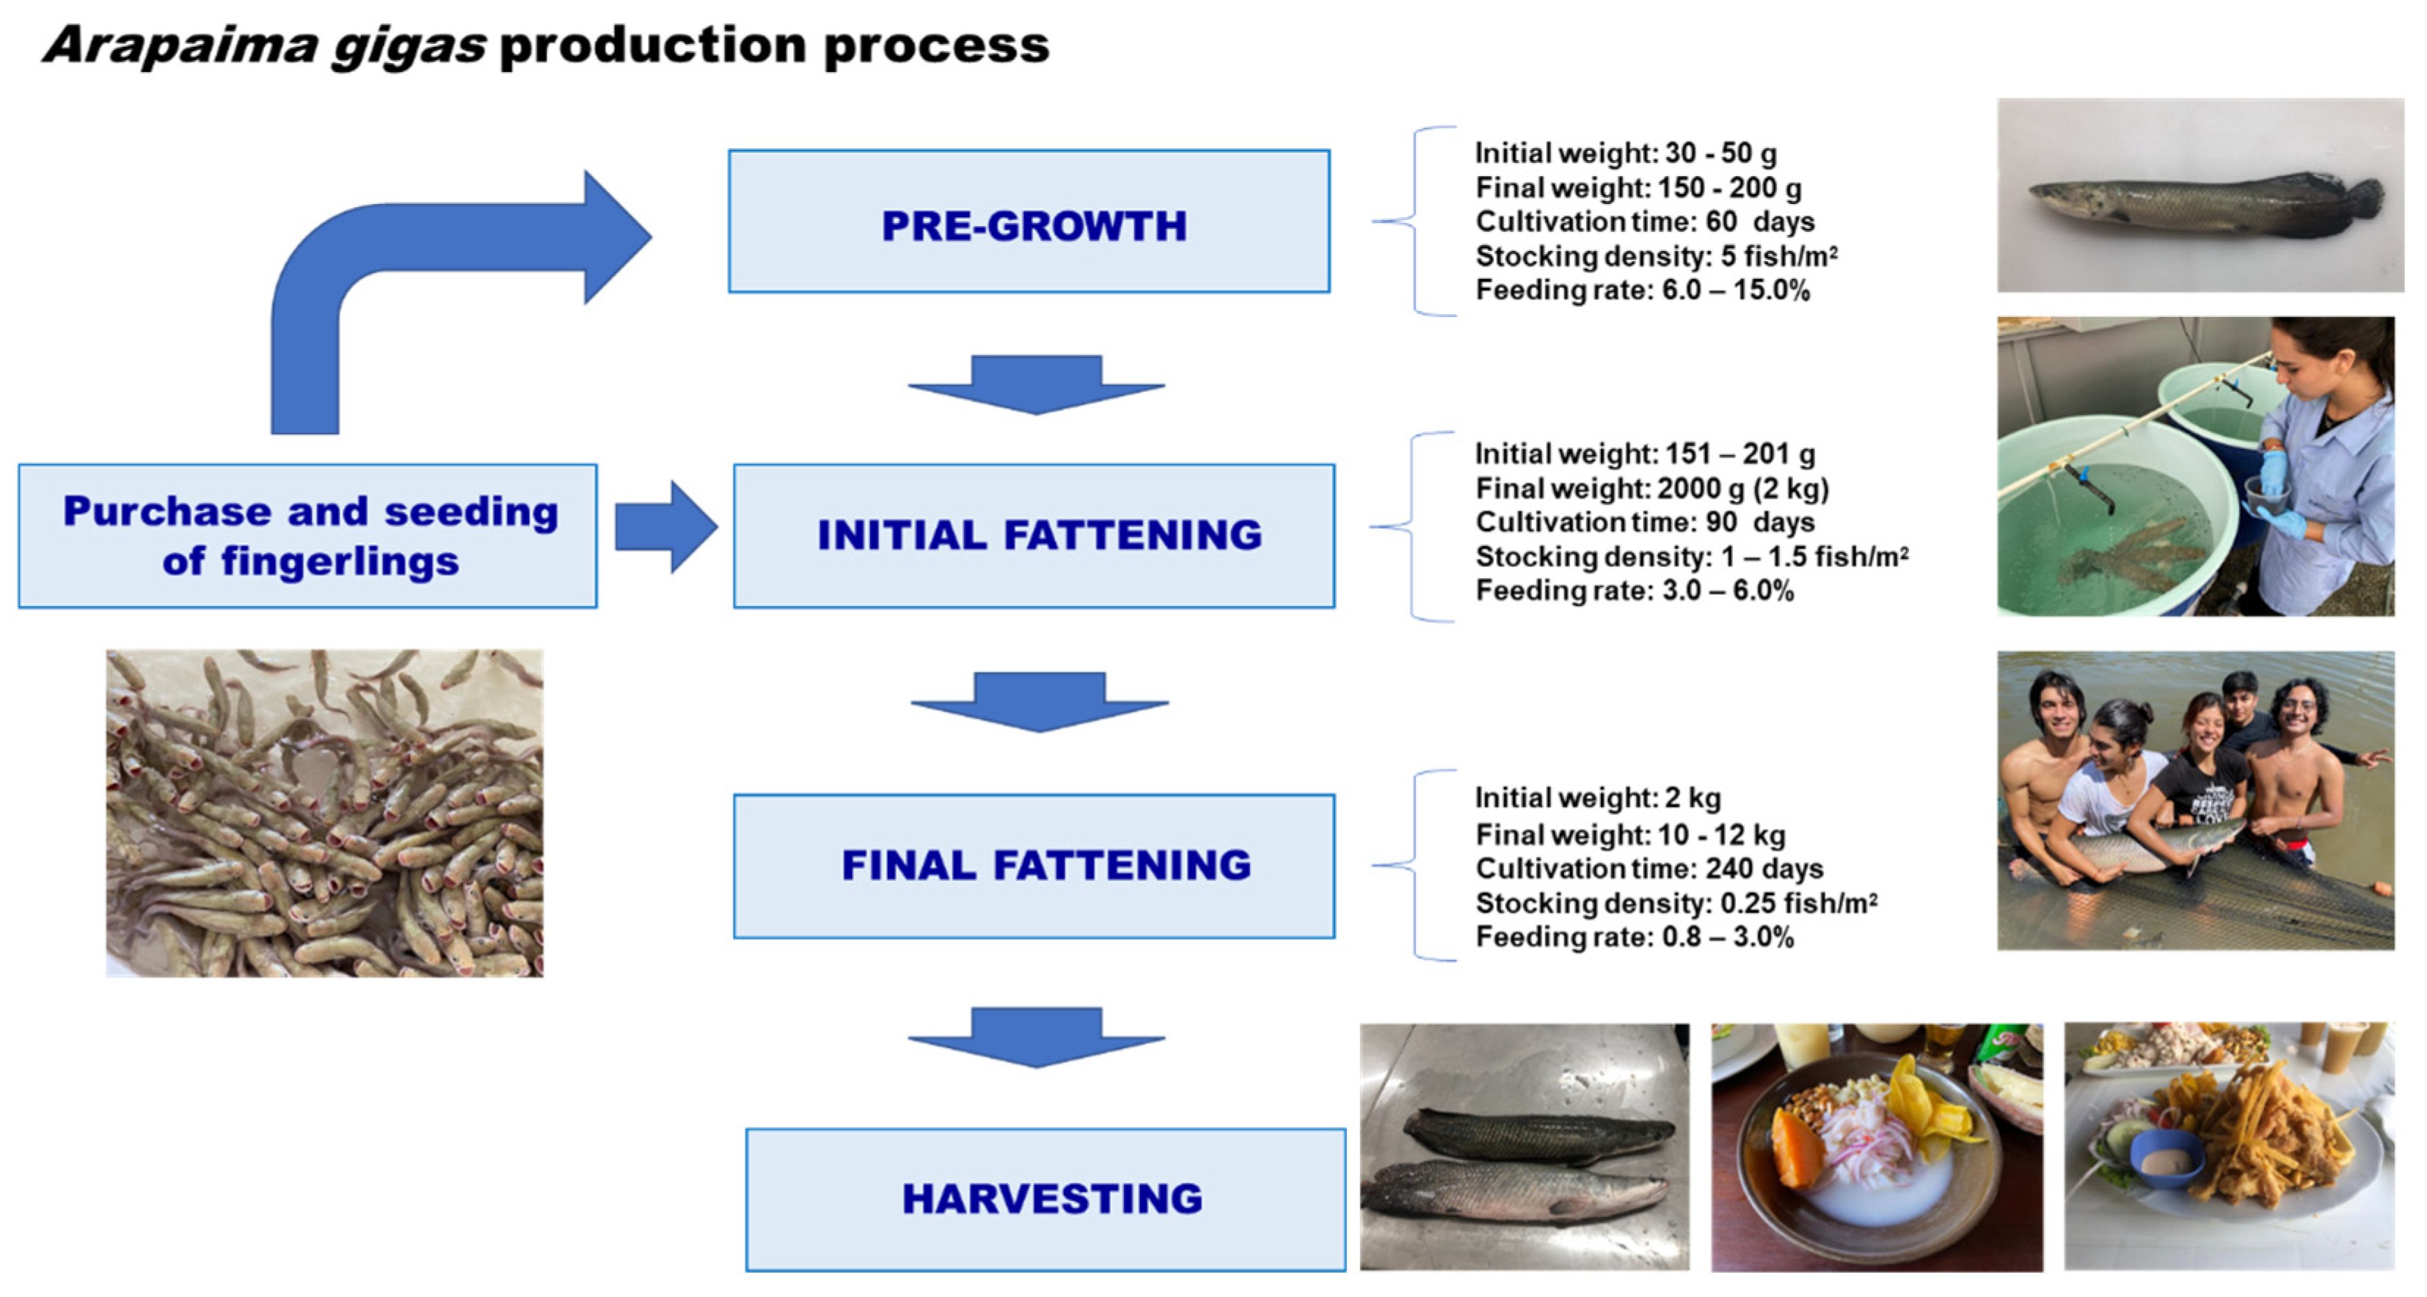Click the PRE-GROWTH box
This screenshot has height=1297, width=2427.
click(x=1029, y=222)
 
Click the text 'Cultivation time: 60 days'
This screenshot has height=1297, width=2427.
click(x=1644, y=222)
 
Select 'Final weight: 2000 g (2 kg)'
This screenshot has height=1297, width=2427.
click(x=1652, y=489)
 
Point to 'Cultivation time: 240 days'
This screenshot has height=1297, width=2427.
click(x=1649, y=869)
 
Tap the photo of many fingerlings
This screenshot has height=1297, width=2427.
click(x=324, y=813)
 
